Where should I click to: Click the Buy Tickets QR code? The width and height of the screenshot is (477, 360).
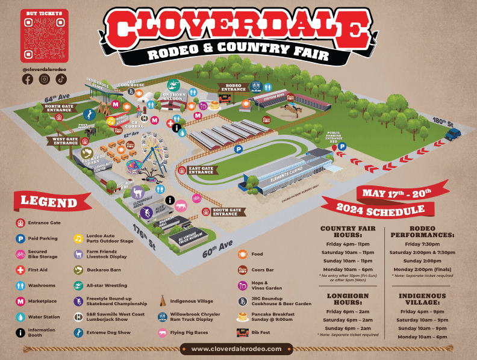pos(44,39)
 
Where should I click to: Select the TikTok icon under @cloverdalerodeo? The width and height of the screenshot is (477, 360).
pos(61,79)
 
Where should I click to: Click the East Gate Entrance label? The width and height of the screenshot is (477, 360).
pos(201,170)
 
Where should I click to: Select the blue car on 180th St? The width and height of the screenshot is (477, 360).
pos(452,133)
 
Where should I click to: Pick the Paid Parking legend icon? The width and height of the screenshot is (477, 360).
pos(20,238)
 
